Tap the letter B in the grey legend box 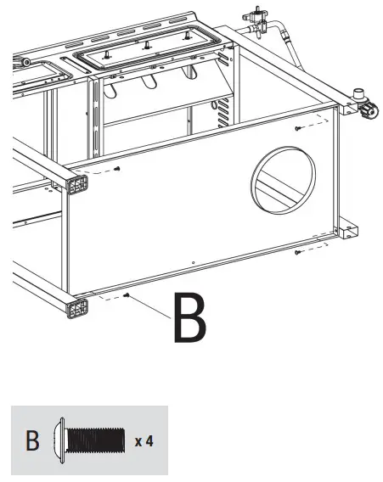[x=32, y=440]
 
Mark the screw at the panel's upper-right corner [x=298, y=128]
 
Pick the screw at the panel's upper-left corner [x=117, y=168]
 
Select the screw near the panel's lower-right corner [x=297, y=252]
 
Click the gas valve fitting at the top [x=255, y=14]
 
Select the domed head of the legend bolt [x=59, y=440]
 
